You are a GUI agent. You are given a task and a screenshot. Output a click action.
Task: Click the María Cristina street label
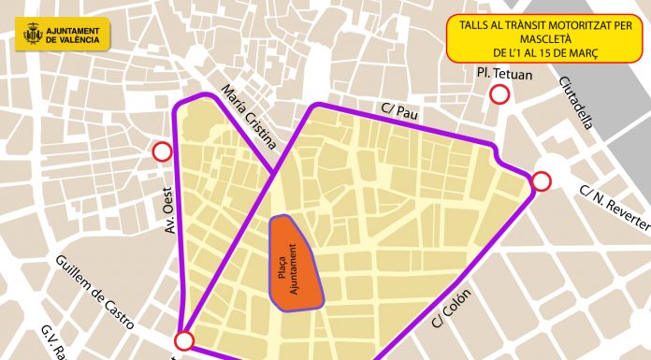point(250,117)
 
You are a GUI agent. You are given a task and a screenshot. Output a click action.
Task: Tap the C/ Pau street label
point(398,110)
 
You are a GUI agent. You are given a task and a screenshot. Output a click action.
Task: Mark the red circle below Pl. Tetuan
point(500,94)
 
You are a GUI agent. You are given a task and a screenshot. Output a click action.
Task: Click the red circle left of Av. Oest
point(163,151)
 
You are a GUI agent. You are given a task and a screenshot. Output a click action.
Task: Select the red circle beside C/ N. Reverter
point(541,181)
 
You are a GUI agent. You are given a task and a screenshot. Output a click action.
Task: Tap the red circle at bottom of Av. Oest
point(184,340)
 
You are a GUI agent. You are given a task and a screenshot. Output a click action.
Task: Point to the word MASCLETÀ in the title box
point(533,41)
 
